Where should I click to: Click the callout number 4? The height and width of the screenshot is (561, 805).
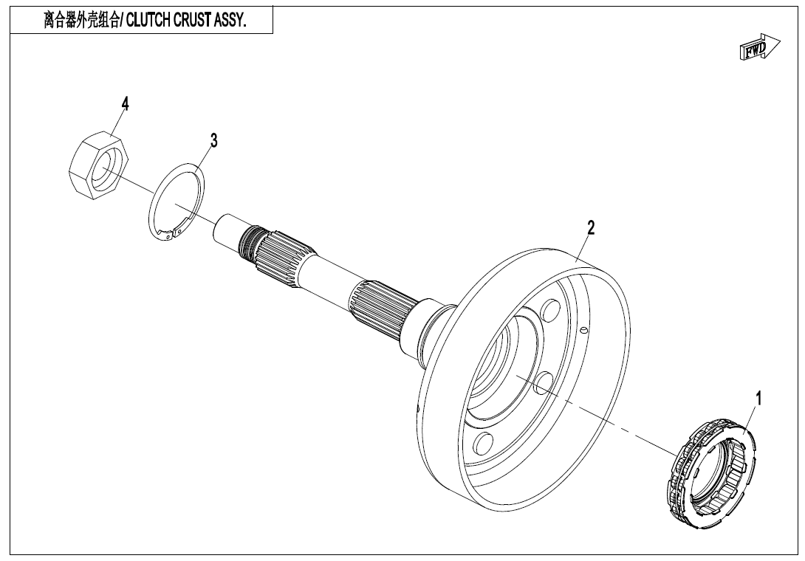(x=125, y=105)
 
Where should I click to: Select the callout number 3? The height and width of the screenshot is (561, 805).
(x=213, y=140)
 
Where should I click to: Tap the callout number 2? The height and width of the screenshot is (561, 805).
(x=590, y=227)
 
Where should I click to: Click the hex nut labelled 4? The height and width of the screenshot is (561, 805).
(x=97, y=165)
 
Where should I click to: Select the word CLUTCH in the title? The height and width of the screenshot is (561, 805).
(x=153, y=21)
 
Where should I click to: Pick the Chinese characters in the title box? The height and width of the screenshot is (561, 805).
(x=79, y=21)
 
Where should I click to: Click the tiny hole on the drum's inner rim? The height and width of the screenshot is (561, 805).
(x=583, y=329)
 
